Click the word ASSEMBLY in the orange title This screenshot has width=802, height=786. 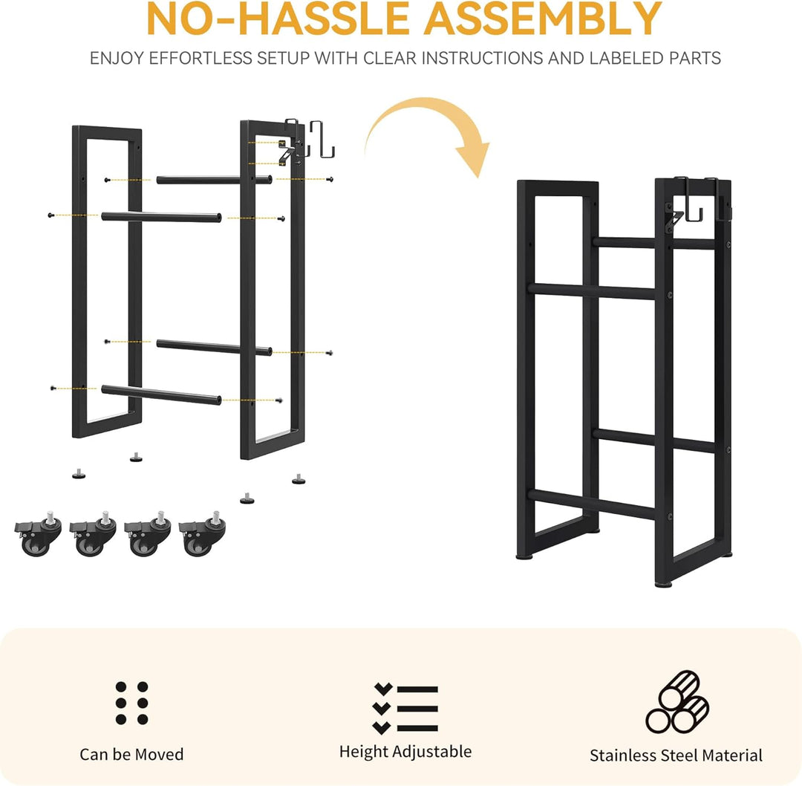coord(543,19)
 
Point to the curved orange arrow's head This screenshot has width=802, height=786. coord(474,159)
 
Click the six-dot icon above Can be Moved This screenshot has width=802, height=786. coord(132,703)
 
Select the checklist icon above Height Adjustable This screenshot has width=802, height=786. coord(405,708)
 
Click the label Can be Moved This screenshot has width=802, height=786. coord(131,754)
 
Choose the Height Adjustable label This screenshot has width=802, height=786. coord(405,752)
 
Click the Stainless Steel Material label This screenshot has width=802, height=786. coord(676,756)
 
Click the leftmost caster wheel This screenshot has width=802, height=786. coord(39,535)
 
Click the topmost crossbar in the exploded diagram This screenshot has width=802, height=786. coord(215,180)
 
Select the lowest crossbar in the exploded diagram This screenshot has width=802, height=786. coord(161,394)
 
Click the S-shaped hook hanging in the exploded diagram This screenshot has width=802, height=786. coord(322,140)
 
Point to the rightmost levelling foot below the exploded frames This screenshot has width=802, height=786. coord(299,479)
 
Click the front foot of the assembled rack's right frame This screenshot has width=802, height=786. coord(663,583)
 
